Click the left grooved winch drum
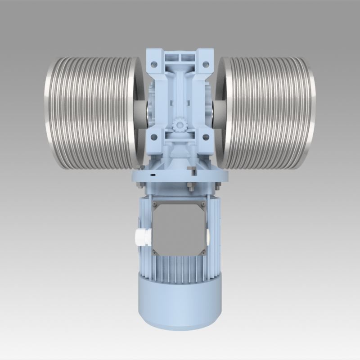click(x=90, y=112)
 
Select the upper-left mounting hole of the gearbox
click(x=154, y=64)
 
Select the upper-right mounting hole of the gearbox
click(x=206, y=64)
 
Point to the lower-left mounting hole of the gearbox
click(x=154, y=137)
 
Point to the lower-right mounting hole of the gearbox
click(x=206, y=137)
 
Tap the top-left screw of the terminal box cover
click(x=156, y=204)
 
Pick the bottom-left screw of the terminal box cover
click(x=156, y=252)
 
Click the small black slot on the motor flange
click(x=153, y=175)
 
